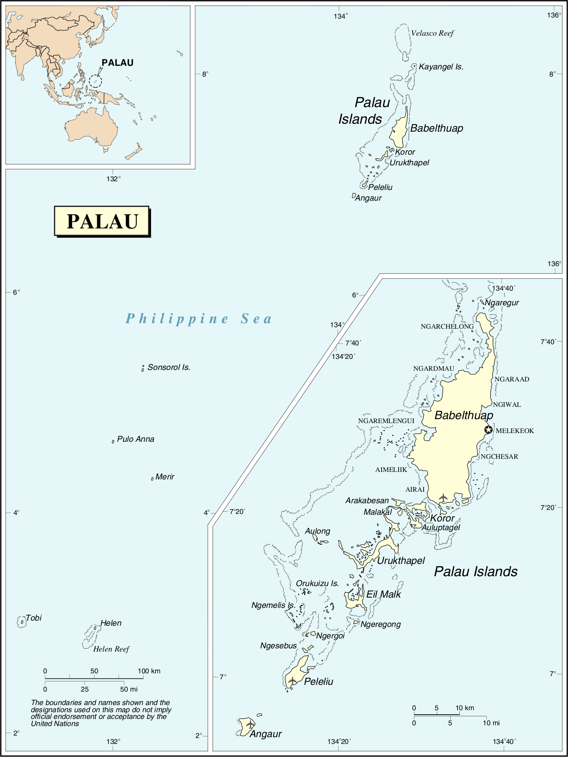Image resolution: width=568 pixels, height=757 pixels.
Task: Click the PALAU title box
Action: click(x=102, y=221)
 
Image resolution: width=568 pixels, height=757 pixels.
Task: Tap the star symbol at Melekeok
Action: click(x=488, y=430)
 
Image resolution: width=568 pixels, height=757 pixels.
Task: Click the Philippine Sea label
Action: click(x=199, y=319)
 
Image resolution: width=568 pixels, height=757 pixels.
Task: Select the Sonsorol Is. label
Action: click(x=169, y=368)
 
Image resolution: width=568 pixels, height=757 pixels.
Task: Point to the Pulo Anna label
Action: click(x=135, y=439)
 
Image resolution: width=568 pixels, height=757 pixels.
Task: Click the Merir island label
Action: click(x=165, y=477)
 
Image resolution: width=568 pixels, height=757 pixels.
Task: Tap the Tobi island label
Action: click(x=34, y=618)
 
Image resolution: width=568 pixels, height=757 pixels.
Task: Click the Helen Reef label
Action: click(x=111, y=649)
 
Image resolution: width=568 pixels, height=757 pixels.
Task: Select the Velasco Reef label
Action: click(x=432, y=33)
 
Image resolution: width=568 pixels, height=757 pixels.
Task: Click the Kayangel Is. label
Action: click(x=441, y=67)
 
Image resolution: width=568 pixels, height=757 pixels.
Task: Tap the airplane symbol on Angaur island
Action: click(x=250, y=724)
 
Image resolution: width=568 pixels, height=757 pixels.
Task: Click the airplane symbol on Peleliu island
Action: click(x=292, y=681)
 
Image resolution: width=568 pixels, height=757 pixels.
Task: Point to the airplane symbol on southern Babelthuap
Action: click(x=443, y=497)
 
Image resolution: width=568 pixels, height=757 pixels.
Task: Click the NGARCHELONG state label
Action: click(x=447, y=326)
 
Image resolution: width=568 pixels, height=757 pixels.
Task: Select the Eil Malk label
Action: click(x=383, y=594)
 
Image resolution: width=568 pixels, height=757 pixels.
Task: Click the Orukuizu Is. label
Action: click(x=317, y=583)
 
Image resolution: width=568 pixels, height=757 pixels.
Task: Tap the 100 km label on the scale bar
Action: click(x=149, y=671)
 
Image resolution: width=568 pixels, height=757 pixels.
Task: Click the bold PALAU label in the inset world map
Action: click(x=117, y=63)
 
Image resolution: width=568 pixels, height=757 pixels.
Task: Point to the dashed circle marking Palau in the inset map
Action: click(x=95, y=81)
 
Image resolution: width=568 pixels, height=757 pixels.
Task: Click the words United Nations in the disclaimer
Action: click(x=55, y=724)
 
